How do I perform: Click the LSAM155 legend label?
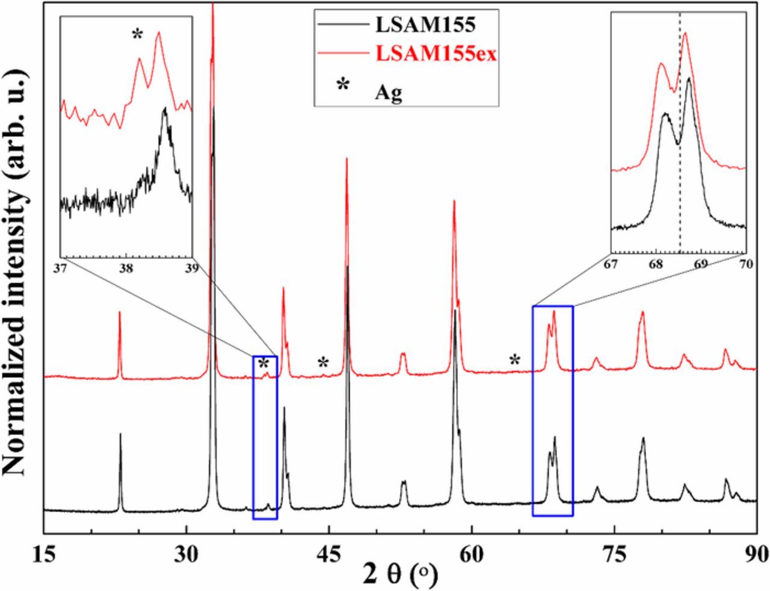[425, 25]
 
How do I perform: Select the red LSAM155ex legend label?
[436, 54]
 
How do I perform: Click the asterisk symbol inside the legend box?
[343, 85]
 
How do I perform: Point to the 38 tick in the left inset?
[126, 268]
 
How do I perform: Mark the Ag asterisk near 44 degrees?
[324, 363]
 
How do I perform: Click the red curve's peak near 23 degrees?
[120, 312]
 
